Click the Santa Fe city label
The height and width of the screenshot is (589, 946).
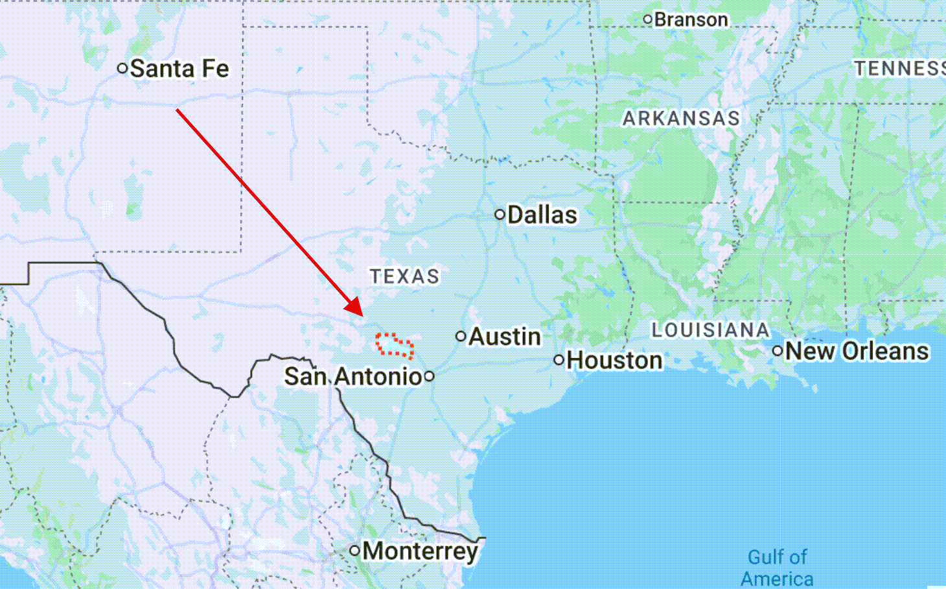[179, 69]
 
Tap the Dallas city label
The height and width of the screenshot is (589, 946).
[542, 215]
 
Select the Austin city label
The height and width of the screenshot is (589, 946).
[505, 337]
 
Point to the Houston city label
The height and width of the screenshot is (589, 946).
[614, 360]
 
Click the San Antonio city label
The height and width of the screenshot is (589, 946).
[353, 376]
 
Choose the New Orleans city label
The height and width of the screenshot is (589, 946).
[857, 351]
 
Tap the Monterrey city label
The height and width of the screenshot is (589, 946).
[421, 551]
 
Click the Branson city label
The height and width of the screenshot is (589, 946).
[691, 19]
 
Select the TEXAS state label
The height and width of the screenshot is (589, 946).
[405, 276]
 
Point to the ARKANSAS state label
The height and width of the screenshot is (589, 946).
[681, 118]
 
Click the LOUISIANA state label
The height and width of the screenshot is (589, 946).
[711, 330]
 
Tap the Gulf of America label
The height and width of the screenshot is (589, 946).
[777, 568]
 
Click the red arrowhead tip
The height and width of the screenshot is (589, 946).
[362, 315]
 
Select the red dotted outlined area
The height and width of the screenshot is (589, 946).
[395, 346]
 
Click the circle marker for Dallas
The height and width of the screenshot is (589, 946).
[500, 215]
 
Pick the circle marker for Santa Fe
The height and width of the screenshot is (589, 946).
[122, 68]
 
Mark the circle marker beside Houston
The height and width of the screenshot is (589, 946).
[559, 360]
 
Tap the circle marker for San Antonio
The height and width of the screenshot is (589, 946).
[429, 376]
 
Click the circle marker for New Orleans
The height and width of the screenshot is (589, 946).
[778, 351]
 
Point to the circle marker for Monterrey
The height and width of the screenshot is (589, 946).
[354, 551]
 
